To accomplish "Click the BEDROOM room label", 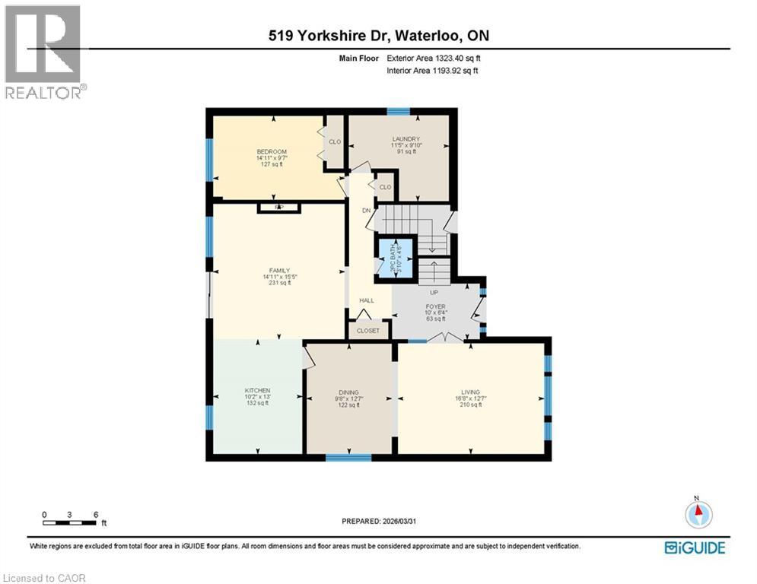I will [x=272, y=152].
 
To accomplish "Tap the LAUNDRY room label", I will [x=406, y=138].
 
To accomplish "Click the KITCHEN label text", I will [x=257, y=390].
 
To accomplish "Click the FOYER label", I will [x=435, y=306].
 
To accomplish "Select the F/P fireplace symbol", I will [x=279, y=208].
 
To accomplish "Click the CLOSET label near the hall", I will [x=368, y=331].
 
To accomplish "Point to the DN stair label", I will [x=366, y=211].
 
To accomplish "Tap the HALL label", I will [x=367, y=300].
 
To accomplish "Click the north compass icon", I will [x=697, y=514].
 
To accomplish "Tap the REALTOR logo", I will [x=44, y=52].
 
